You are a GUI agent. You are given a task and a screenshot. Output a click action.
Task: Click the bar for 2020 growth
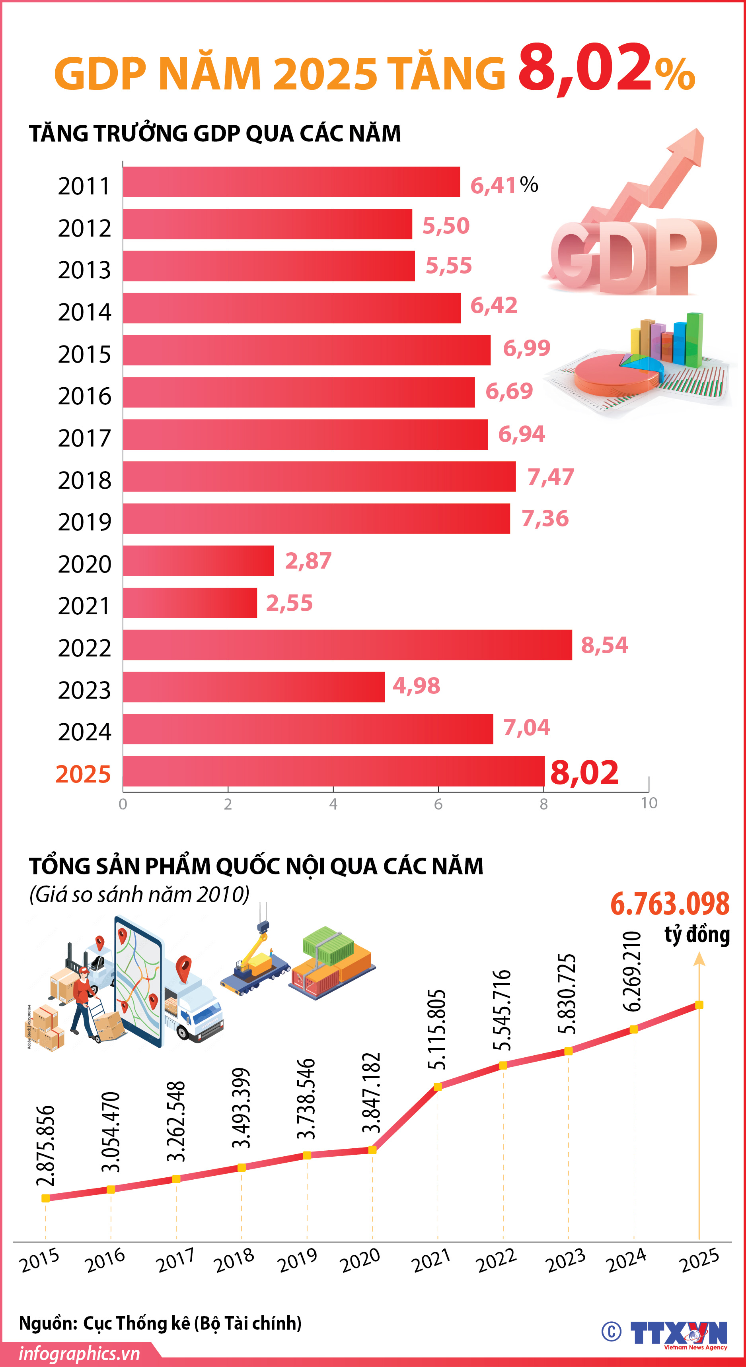click(198, 560)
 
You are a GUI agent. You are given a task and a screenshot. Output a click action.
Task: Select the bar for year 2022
click(347, 645)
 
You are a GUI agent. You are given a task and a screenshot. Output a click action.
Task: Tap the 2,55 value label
click(289, 603)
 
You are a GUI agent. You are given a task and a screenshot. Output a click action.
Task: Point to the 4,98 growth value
click(416, 685)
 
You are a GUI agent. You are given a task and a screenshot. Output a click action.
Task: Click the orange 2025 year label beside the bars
click(84, 774)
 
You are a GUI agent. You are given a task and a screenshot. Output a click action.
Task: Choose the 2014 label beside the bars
click(84, 312)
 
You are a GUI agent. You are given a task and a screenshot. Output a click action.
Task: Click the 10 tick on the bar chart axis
click(649, 803)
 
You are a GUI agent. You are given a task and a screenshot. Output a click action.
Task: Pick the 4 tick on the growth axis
click(333, 804)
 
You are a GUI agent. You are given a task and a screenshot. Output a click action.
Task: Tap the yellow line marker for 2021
click(438, 1087)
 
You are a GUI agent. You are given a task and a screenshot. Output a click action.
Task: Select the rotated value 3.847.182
click(372, 1093)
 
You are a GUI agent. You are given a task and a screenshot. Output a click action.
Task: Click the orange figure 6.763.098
click(670, 904)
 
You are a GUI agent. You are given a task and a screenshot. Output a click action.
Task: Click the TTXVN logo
click(679, 1334)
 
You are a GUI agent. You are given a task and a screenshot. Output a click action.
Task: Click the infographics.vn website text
click(80, 1354)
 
